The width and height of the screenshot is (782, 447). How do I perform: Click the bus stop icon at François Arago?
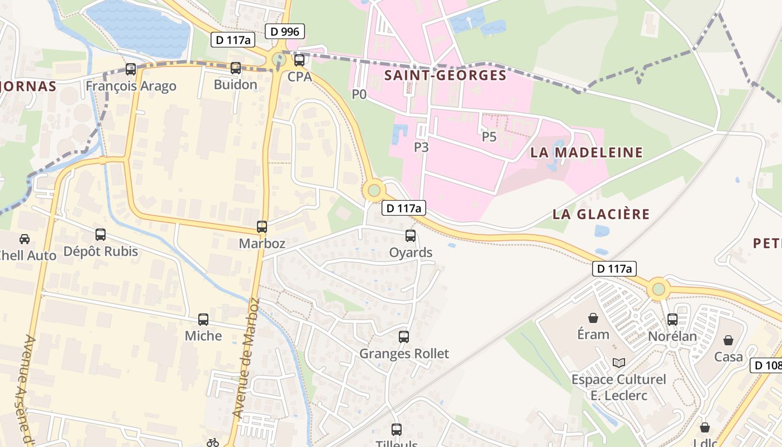click(131, 69)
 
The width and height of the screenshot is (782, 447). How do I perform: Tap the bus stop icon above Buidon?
click(236, 68)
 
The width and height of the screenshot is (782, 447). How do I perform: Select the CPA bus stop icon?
click(299, 60)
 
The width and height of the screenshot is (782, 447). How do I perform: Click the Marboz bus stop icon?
click(262, 227)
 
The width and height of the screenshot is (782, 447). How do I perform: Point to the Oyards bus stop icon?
click(411, 236)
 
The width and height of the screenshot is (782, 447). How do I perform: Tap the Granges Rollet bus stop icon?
click(404, 337)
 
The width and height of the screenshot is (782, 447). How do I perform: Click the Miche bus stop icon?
click(203, 320)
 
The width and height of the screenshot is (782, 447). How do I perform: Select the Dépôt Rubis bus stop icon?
click(101, 235)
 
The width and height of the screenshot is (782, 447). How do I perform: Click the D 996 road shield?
click(285, 31)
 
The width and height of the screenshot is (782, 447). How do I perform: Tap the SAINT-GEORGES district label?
click(445, 75)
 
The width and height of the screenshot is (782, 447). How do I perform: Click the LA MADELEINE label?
click(586, 152)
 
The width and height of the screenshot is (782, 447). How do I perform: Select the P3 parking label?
click(421, 147)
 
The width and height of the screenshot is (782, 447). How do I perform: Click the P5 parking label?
click(489, 137)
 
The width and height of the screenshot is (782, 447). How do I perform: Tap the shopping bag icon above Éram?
click(593, 318)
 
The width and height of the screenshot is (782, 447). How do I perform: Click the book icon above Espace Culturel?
click(618, 363)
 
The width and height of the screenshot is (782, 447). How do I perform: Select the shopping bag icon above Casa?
click(728, 340)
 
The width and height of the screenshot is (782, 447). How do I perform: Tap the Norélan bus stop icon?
click(673, 320)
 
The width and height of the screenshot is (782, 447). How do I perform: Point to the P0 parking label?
click(359, 94)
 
